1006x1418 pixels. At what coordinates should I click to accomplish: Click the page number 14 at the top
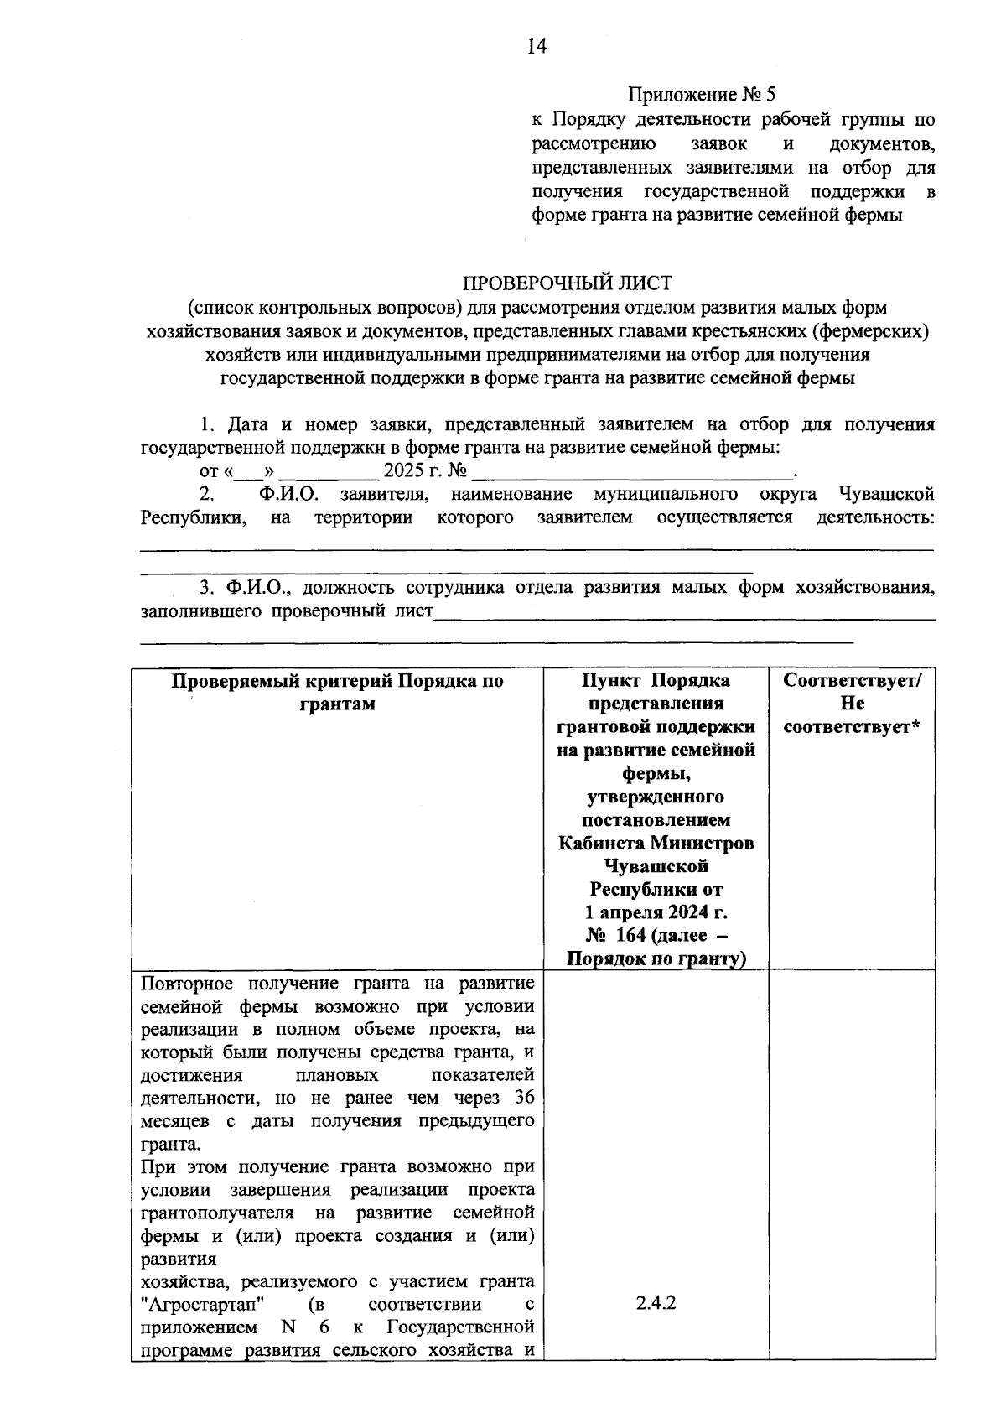click(537, 47)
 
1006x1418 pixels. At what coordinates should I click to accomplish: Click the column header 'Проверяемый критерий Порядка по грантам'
click(338, 692)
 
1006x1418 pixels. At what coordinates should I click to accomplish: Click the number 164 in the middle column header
click(630, 935)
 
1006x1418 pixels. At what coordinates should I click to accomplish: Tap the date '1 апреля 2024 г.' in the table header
click(656, 912)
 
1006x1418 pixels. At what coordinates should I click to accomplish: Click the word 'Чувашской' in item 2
click(885, 493)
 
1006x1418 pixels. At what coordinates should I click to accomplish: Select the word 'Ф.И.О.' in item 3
click(257, 587)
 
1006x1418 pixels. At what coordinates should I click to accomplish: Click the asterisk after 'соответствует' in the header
click(915, 727)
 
